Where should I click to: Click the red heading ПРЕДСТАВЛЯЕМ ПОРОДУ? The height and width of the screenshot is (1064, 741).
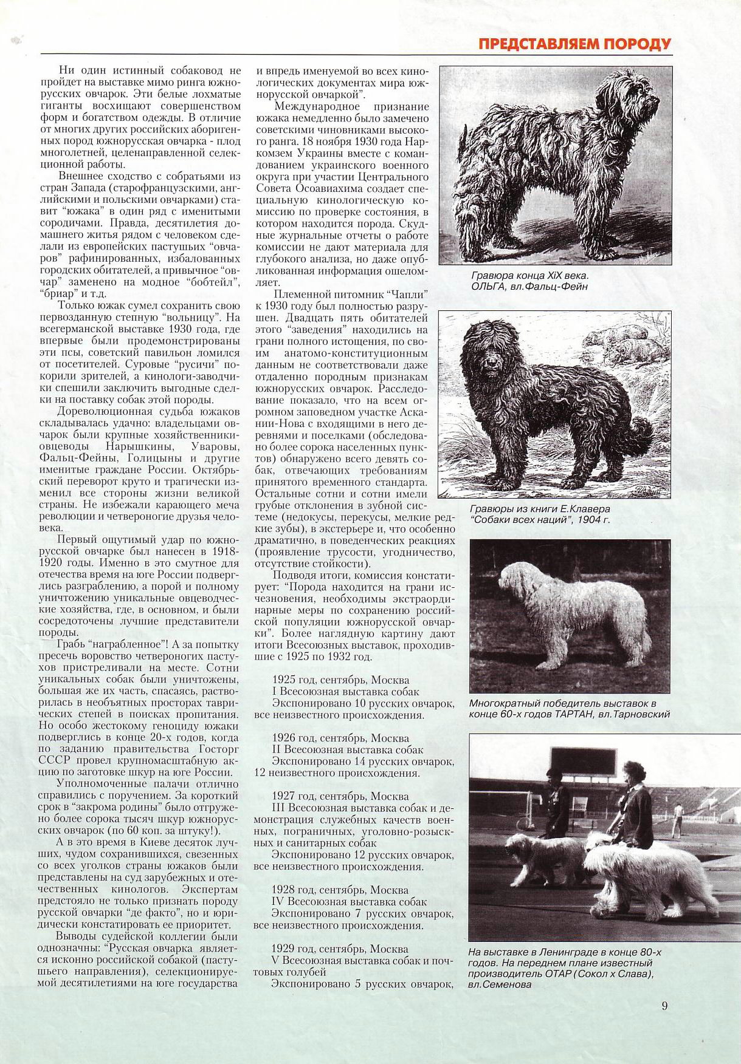574,44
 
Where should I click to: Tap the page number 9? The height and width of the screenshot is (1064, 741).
664,1005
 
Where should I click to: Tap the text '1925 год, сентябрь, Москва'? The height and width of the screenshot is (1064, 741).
341,680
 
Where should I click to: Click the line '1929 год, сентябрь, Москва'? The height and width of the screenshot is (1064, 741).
341,948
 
